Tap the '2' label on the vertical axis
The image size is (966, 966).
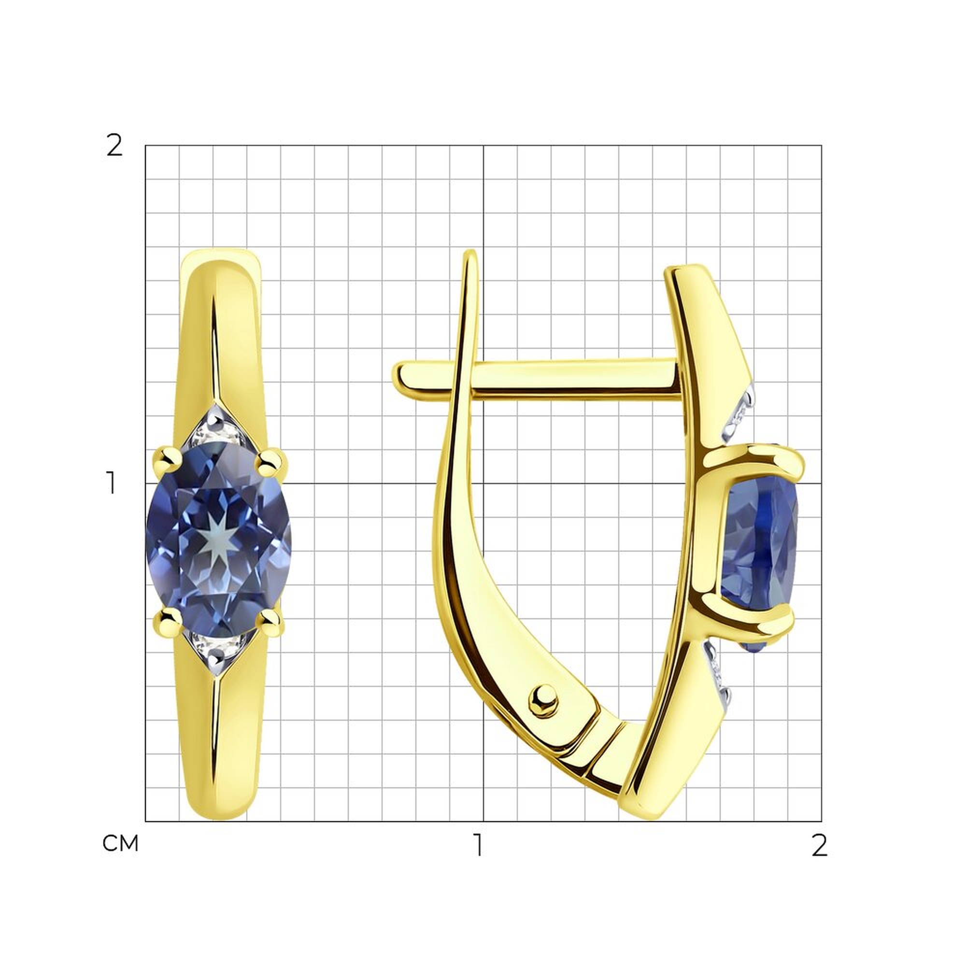[x=114, y=146]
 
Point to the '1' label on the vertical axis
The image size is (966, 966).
[x=111, y=483]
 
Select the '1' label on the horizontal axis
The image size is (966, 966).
[x=479, y=845]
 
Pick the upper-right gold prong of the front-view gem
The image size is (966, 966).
[x=271, y=460]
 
